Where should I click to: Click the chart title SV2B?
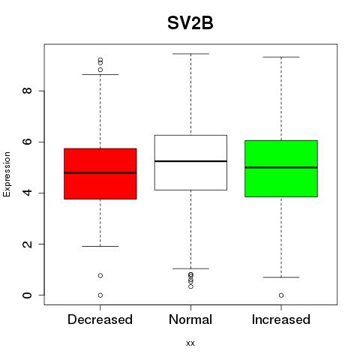tap(190, 23)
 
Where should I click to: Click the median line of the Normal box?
tap(190, 161)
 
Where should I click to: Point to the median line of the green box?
tap(281, 167)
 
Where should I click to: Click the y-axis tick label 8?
tap(27, 91)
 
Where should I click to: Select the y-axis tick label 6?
tap(27, 142)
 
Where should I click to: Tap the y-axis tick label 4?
tap(27, 193)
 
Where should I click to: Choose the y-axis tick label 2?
tap(27, 244)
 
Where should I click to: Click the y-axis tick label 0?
tap(27, 295)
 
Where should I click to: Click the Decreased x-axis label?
tap(100, 319)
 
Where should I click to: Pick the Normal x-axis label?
tap(190, 319)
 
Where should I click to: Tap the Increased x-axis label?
tap(281, 319)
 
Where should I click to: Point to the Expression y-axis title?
tap(7, 174)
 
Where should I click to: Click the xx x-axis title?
tap(190, 343)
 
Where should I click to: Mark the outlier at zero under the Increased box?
tap(281, 295)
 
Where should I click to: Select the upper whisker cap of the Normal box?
tap(190, 54)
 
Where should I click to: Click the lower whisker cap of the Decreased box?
tap(100, 246)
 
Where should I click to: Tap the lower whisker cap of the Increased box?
tap(281, 277)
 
